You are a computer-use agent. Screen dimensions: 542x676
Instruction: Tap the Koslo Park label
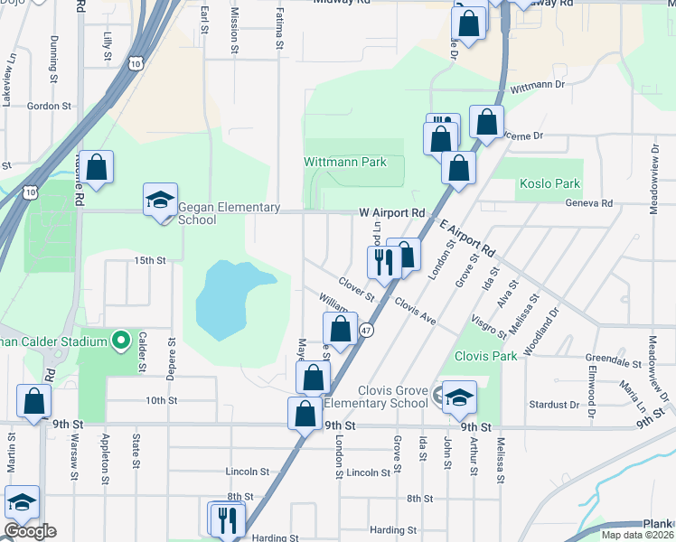coord(549,183)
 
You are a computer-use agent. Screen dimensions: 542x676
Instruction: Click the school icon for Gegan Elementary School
coord(160,201)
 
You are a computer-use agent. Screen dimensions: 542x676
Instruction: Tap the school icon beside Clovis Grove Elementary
coord(458,397)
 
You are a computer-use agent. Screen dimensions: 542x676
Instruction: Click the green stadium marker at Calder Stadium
coord(120,341)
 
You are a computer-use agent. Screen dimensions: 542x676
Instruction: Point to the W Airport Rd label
coord(391,213)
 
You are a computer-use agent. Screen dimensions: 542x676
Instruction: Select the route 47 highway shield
coord(367,331)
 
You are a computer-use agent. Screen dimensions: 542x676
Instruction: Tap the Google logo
coord(29,530)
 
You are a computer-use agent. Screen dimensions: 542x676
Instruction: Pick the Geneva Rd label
coord(588,203)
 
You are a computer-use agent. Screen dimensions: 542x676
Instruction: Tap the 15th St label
coord(150,260)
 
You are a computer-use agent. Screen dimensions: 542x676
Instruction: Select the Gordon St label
coord(49,106)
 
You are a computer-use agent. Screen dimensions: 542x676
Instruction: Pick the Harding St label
coord(392,530)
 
